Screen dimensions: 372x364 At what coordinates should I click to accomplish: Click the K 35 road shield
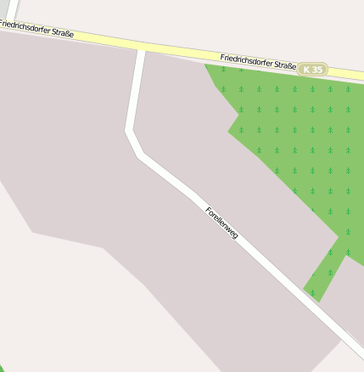pyautogui.click(x=313, y=70)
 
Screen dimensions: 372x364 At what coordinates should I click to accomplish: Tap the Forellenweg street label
pyautogui.click(x=221, y=222)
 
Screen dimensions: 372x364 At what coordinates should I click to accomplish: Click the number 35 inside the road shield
pyautogui.click(x=317, y=70)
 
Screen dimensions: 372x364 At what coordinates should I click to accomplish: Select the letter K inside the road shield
pyautogui.click(x=307, y=70)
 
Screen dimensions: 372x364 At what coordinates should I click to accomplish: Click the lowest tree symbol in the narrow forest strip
pyautogui.click(x=312, y=293)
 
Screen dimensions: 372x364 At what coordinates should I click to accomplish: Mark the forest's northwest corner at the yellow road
pyautogui.click(x=205, y=65)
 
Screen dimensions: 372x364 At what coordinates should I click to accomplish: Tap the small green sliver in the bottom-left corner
pyautogui.click(x=3, y=368)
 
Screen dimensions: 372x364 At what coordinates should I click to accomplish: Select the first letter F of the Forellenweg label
pyautogui.click(x=209, y=208)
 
